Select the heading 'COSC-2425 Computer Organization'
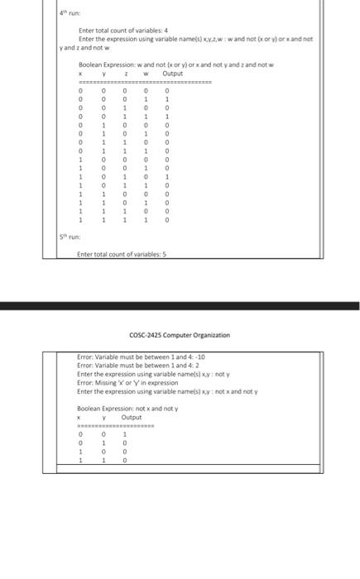[180, 336]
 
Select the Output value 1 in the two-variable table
[124, 433]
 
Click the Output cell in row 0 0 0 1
[167, 98]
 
